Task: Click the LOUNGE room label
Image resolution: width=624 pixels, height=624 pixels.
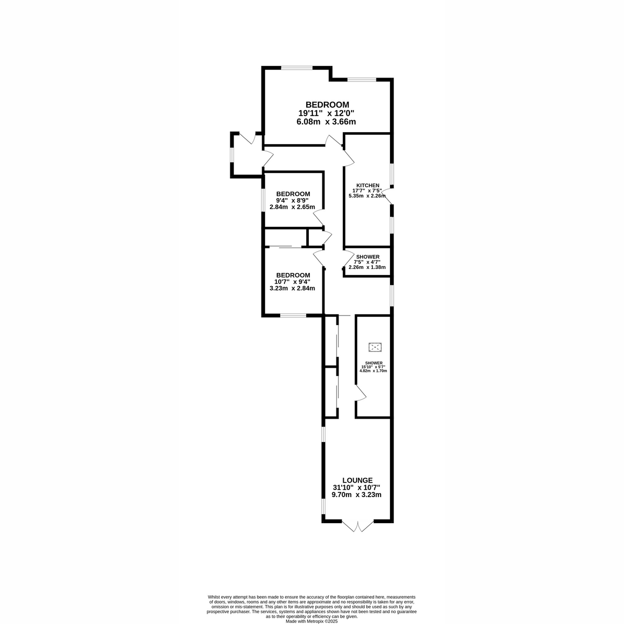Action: click(x=357, y=480)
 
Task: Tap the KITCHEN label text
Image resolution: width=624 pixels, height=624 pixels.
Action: click(x=367, y=186)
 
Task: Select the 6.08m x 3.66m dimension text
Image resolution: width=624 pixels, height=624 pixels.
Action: click(x=326, y=122)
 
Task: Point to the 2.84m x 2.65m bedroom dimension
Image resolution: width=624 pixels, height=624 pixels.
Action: click(x=292, y=207)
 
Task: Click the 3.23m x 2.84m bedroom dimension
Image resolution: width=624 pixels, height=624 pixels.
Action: click(x=292, y=288)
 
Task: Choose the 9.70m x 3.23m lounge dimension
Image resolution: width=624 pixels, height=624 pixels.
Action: click(x=357, y=495)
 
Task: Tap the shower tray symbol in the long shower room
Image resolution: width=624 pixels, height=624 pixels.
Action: click(x=374, y=347)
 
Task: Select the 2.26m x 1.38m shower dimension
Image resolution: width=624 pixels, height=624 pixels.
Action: click(x=367, y=267)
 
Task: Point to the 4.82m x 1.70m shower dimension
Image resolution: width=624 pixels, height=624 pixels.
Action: click(x=374, y=371)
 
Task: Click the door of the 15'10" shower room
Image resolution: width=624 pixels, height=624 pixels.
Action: click(x=360, y=394)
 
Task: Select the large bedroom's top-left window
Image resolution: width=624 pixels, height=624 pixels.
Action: click(x=297, y=67)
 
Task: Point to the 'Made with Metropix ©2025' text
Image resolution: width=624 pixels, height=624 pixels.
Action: click(x=312, y=621)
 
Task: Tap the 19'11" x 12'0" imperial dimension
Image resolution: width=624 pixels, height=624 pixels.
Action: click(x=326, y=113)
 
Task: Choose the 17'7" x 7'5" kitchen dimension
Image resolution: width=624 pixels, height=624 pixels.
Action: click(x=367, y=191)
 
